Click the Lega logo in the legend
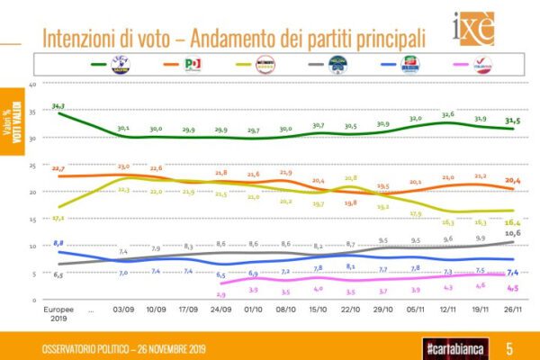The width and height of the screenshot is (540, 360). point(120,64)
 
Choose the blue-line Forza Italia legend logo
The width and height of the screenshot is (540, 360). point(411,64)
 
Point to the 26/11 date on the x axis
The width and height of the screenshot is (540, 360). point(511,307)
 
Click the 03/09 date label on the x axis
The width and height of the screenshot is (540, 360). point(124,307)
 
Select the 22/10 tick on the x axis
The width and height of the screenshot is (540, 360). point(350,307)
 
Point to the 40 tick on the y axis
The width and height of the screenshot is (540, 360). point(31,85)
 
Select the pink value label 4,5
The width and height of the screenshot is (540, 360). point(512,288)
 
